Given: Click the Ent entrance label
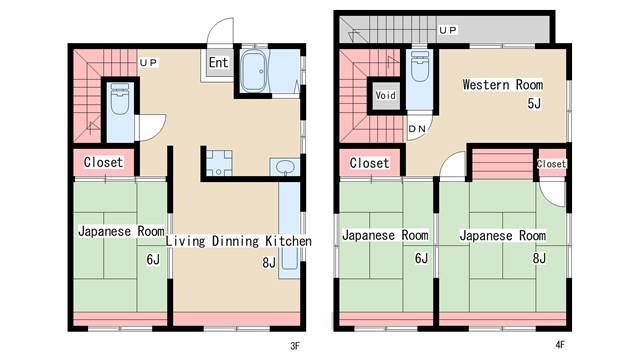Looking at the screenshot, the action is tap(218, 62).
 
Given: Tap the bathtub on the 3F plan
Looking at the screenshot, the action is tap(254, 71).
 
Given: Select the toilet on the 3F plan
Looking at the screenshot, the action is tap(120, 99).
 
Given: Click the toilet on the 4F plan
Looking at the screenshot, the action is tap(420, 66).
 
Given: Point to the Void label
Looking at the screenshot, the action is tap(385, 95).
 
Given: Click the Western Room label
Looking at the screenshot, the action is tap(502, 85).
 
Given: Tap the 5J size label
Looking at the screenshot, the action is tap(534, 103).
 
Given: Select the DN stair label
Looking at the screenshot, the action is tap(417, 129).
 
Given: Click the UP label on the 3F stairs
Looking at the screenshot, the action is tap(149, 63).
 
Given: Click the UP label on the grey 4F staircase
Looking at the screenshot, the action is tap(448, 30).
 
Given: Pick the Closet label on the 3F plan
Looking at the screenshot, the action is tap(103, 162).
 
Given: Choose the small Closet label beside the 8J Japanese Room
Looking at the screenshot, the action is tap(551, 164).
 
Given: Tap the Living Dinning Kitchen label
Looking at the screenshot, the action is tap(239, 241).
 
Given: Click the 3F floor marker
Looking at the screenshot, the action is tap(295, 346).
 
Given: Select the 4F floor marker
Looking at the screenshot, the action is tap(560, 345).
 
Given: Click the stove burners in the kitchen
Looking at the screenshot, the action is tap(219, 163).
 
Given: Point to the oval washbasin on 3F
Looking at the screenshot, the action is tap(285, 167).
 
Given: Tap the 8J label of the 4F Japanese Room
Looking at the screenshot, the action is tap(539, 258).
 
